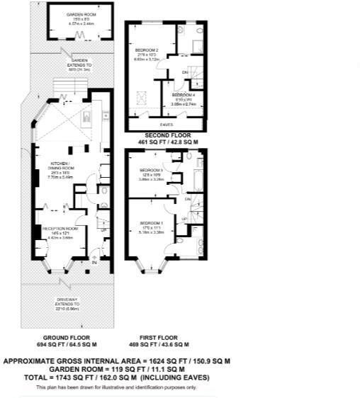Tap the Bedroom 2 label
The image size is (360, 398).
[x=147, y=50]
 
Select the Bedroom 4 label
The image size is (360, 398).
[x=184, y=94]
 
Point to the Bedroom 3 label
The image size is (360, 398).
[x=152, y=171]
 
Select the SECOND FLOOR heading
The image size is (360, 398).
[x=167, y=135]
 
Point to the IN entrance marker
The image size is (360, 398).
[x=95, y=263]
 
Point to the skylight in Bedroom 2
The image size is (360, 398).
[x=140, y=93]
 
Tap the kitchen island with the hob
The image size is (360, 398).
[x=86, y=117]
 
